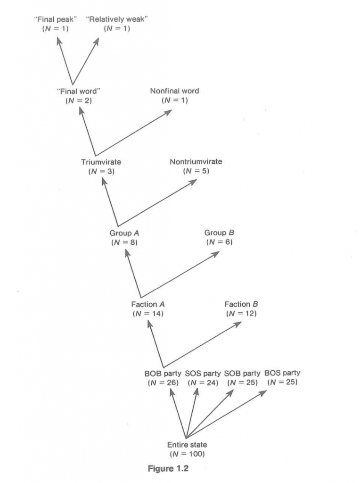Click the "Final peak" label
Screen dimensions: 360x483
(x=55, y=19)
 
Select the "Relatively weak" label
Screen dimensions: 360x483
(x=116, y=19)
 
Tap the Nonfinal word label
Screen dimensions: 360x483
(x=174, y=91)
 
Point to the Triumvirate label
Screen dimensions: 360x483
(x=101, y=162)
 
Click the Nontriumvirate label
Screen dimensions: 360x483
(x=196, y=162)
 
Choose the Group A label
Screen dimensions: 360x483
(x=124, y=233)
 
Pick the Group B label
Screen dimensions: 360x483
(x=219, y=233)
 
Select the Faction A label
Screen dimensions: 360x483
(x=148, y=304)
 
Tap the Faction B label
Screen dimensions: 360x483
(x=241, y=304)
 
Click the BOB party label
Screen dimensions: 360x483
(x=163, y=374)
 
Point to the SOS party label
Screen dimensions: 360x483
(x=203, y=374)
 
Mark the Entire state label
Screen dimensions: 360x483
(x=187, y=445)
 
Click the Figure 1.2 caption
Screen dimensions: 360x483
(x=168, y=468)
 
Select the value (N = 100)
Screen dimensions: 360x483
(x=187, y=454)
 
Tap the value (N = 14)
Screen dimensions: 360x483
(x=148, y=314)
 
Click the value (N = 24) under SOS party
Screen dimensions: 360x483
(x=203, y=383)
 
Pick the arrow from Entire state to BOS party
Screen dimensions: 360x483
(x=226, y=414)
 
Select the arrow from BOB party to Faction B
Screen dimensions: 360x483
(x=202, y=344)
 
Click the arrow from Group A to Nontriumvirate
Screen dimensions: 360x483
(x=157, y=203)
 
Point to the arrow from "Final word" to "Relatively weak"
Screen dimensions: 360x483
(x=86, y=61)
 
